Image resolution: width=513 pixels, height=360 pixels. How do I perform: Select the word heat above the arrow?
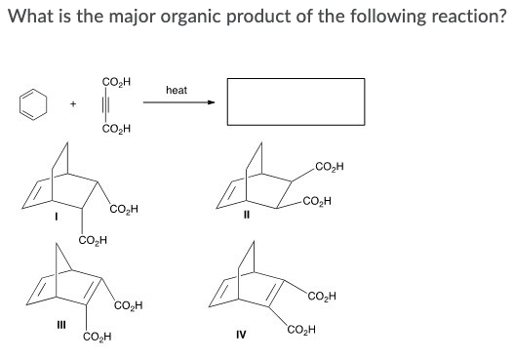(x=177, y=89)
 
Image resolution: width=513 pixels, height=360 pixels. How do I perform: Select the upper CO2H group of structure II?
(x=335, y=169)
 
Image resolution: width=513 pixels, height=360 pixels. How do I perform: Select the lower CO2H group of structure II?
(x=320, y=202)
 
